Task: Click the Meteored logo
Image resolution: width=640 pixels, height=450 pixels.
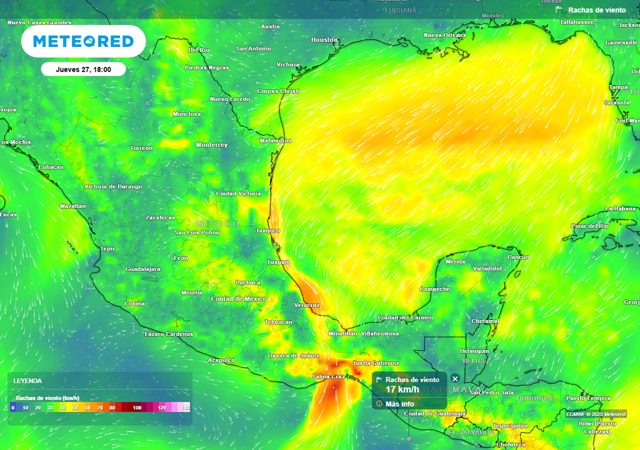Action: [x=83, y=41]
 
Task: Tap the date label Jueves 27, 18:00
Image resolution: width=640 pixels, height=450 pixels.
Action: [x=83, y=69]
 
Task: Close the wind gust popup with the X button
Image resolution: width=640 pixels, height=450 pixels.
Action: [x=455, y=379]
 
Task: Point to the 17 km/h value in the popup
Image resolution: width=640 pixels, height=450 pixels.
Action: [x=402, y=389]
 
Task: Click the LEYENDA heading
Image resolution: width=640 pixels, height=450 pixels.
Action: [x=28, y=381]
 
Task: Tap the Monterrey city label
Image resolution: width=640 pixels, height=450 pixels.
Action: [x=212, y=145]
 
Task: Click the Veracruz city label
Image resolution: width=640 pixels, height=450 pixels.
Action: [x=307, y=305]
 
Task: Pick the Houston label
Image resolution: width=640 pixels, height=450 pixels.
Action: [x=324, y=40]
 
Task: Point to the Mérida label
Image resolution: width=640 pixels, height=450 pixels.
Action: [x=455, y=262]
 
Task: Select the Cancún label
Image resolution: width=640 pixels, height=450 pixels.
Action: [x=518, y=257]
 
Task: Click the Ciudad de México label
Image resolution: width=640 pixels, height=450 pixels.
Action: [x=239, y=299]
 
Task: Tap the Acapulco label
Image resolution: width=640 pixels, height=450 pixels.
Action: [x=221, y=360]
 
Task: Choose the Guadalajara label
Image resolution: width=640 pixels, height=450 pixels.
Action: [x=143, y=269]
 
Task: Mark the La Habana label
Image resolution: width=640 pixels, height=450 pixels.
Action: [x=620, y=209]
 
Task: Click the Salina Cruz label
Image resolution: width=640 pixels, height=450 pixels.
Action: [x=329, y=377]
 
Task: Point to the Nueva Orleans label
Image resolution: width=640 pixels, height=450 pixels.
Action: [x=444, y=35]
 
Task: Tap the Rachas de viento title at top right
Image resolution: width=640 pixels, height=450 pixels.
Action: [x=596, y=10]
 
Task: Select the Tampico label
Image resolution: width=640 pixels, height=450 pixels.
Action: [x=268, y=231]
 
